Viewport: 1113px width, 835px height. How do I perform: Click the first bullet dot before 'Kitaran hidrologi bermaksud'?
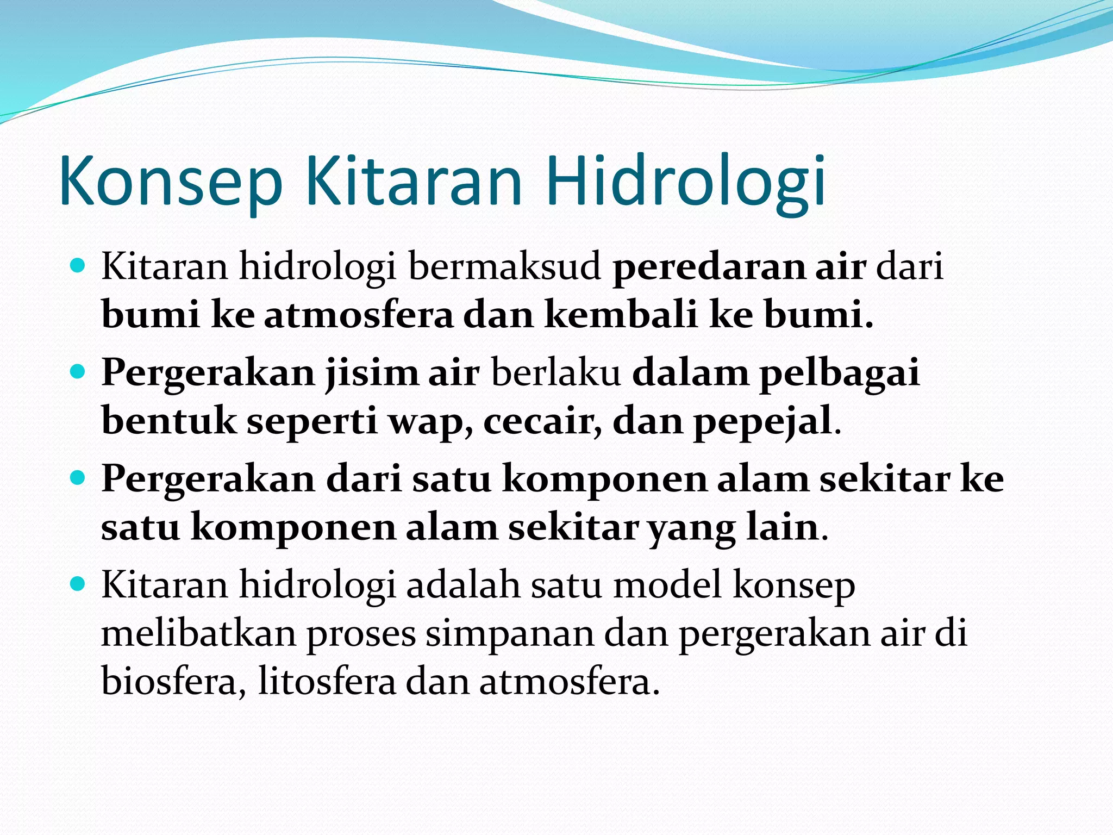pyautogui.click(x=79, y=266)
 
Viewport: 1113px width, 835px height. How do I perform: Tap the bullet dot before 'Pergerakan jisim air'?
pyautogui.click(x=79, y=372)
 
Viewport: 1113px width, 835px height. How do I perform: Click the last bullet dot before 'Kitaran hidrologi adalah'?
pyautogui.click(x=79, y=584)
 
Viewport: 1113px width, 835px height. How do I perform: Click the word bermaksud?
pyautogui.click(x=504, y=267)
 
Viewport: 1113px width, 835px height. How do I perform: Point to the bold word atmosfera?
pyautogui.click(x=359, y=315)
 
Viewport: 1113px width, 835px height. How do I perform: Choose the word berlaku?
pyautogui.click(x=555, y=373)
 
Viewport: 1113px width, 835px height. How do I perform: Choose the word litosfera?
pyautogui.click(x=327, y=682)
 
